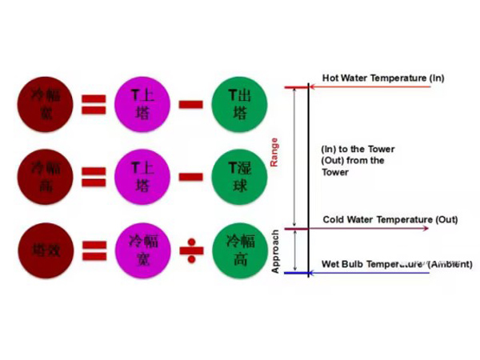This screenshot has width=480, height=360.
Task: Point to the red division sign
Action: click(190, 250)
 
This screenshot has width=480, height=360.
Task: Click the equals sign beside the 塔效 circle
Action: click(94, 249)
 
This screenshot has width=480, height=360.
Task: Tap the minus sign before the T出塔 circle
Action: click(190, 104)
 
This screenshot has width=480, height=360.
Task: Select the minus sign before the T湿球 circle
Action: click(190, 177)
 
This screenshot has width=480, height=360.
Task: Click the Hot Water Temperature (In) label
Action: click(382, 78)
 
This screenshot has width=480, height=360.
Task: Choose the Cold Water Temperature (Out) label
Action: click(389, 219)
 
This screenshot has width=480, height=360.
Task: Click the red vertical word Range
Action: click(274, 151)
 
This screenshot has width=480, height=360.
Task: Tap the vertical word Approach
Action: click(274, 252)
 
